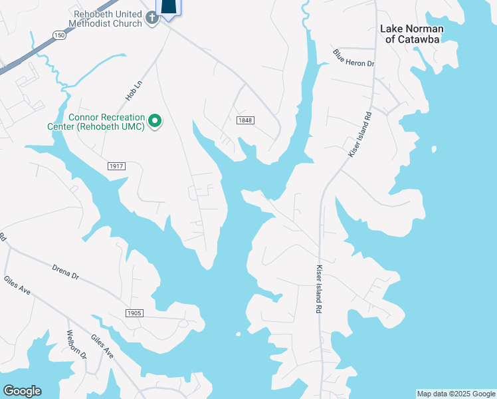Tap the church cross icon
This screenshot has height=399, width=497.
151,18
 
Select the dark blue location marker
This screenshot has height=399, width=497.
169,7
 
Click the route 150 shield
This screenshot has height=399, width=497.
60,35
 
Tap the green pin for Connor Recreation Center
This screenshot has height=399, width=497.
155,121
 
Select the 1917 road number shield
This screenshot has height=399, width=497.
116,164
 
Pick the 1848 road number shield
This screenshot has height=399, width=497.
245,119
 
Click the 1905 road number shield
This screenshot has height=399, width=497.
134,313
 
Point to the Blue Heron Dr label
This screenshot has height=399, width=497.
354,59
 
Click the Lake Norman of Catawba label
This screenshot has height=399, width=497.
411,33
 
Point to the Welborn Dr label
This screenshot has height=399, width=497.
76,344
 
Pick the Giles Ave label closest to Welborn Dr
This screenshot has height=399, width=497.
102,346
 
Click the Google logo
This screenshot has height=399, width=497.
22,391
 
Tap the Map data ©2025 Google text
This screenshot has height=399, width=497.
456,394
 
